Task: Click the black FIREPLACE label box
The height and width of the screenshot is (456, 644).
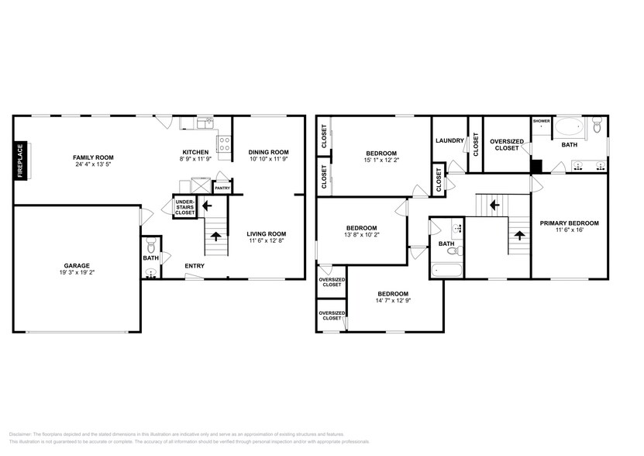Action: click(21, 161)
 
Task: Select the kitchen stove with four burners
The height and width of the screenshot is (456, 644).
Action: click(225, 143)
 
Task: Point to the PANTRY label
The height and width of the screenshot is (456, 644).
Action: click(222, 188)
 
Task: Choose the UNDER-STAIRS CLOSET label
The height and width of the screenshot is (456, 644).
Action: click(184, 207)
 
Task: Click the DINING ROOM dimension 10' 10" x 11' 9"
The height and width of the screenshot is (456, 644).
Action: click(268, 159)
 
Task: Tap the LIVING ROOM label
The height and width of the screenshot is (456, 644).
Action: click(267, 234)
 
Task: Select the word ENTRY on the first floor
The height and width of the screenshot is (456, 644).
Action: click(195, 266)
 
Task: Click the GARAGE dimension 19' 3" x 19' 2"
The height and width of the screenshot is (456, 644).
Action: click(76, 272)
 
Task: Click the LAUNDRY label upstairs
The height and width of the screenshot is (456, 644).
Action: click(449, 140)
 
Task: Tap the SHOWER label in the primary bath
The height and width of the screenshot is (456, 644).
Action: click(541, 121)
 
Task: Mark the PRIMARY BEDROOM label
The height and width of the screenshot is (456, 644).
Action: click(569, 223)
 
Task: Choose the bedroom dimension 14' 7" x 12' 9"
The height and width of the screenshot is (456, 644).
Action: click(393, 301)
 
